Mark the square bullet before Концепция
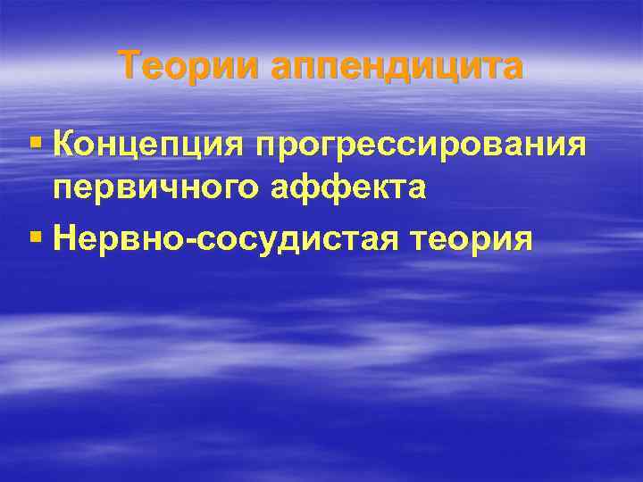(36, 142)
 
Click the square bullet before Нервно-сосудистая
(36, 237)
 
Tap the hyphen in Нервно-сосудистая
(180, 239)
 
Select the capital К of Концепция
(63, 142)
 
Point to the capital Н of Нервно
(64, 237)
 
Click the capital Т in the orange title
(130, 65)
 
